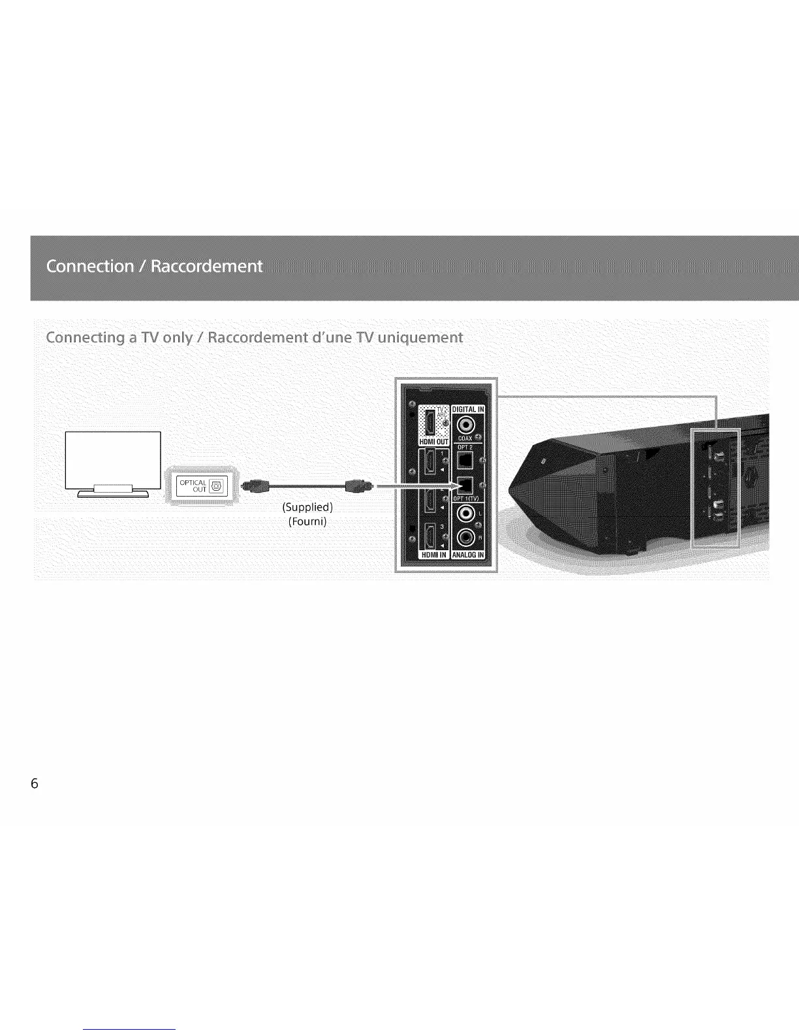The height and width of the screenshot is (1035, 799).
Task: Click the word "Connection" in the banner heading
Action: pyautogui.click(x=90, y=267)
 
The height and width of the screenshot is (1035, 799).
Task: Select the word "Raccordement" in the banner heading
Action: pyautogui.click(x=206, y=267)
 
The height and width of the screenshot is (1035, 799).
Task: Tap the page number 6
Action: pyautogui.click(x=35, y=783)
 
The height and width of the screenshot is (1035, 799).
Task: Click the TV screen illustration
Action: pyautogui.click(x=113, y=459)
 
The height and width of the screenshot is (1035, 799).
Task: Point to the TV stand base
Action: pyautogui.click(x=113, y=492)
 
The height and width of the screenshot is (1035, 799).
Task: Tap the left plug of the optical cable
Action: pyautogui.click(x=255, y=485)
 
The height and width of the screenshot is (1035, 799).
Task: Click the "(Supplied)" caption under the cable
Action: pyautogui.click(x=307, y=507)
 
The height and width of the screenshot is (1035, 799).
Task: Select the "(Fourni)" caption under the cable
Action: pyautogui.click(x=307, y=521)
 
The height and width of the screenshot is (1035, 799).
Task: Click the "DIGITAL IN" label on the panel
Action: pyautogui.click(x=468, y=410)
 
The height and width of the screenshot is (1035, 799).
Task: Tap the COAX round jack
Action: pyautogui.click(x=466, y=425)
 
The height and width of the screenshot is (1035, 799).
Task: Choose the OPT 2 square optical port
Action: pyautogui.click(x=465, y=460)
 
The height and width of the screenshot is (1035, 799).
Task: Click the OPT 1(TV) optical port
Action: pyautogui.click(x=466, y=485)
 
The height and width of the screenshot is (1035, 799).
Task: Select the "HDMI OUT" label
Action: pyautogui.click(x=433, y=442)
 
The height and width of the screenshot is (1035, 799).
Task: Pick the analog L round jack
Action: pyautogui.click(x=465, y=514)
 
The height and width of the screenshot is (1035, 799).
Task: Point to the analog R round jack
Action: pyautogui.click(x=465, y=538)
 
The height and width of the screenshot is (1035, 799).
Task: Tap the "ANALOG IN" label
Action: pyautogui.click(x=468, y=555)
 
